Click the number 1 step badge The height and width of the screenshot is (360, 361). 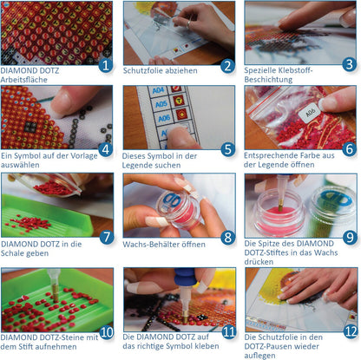click(106, 65)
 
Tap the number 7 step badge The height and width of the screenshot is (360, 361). click(107, 237)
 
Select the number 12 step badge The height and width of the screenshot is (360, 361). click(351, 331)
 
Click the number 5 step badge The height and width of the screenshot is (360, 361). click(228, 149)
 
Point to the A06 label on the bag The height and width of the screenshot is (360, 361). click(311, 112)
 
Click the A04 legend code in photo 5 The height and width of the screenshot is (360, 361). click(158, 90)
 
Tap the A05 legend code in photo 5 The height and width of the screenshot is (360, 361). click(161, 103)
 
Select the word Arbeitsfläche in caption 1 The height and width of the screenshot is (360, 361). click(24, 80)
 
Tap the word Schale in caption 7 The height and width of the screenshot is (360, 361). click(11, 253)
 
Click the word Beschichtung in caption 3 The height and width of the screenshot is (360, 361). click(268, 80)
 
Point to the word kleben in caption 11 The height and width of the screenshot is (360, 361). click(207, 346)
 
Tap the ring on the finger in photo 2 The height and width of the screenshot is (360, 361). click(189, 23)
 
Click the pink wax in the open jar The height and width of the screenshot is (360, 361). click(279, 217)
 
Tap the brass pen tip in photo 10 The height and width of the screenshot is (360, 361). click(55, 293)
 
